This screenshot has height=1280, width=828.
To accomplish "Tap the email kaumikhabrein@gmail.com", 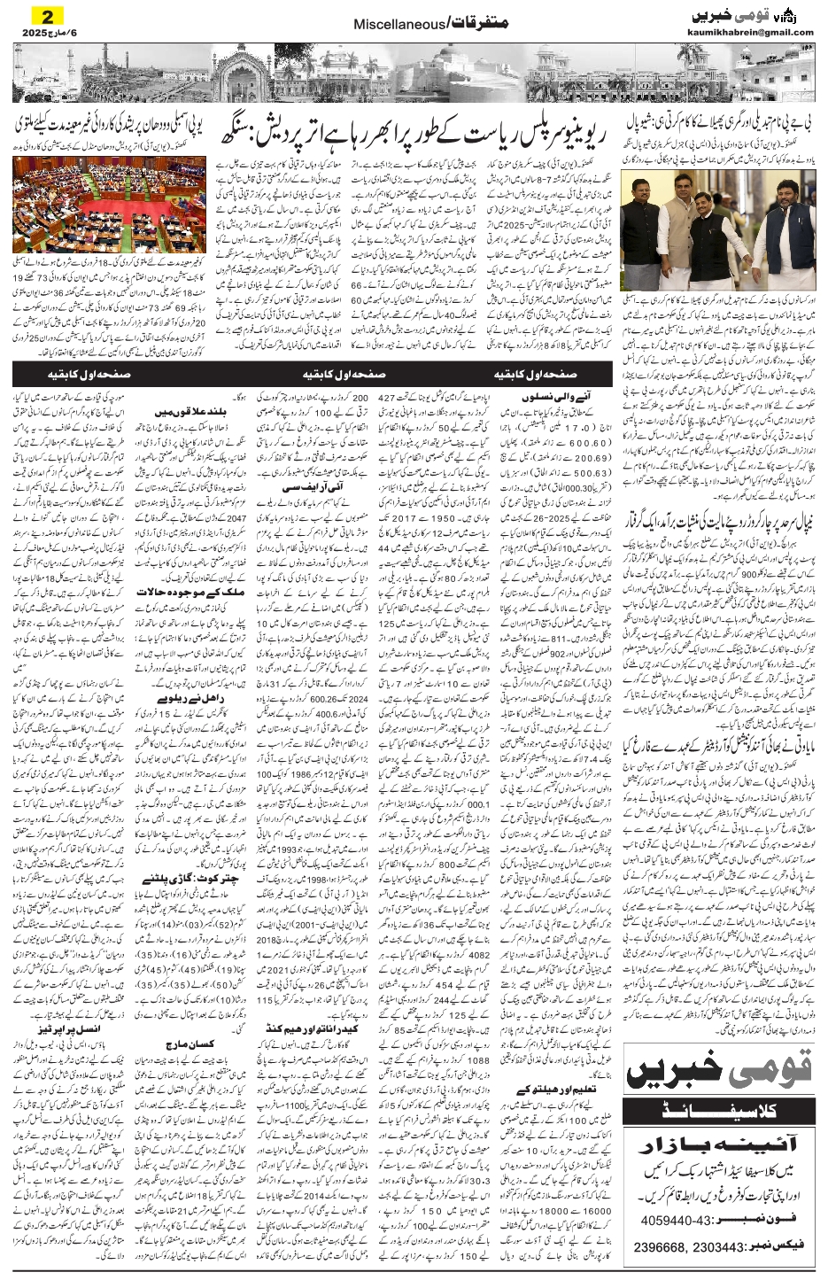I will point(750,33).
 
